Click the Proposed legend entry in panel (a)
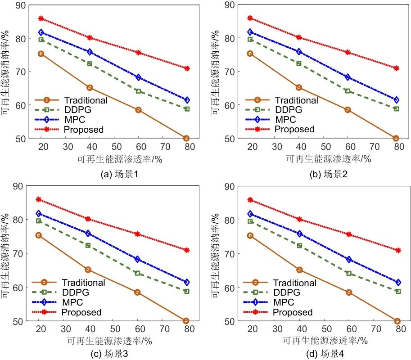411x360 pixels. pos(84,130)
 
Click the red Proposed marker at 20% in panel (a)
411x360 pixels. pos(41,18)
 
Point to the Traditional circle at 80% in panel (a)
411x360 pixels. pos(186,138)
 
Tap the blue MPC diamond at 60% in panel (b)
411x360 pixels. pos(348,77)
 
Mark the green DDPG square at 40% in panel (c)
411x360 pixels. pos(88,245)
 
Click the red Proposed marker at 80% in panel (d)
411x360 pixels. pos(397,250)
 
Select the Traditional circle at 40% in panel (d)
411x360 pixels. pos(299,270)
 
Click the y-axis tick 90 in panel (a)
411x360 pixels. pos(19,5)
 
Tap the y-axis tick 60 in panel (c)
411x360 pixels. pos(19,287)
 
